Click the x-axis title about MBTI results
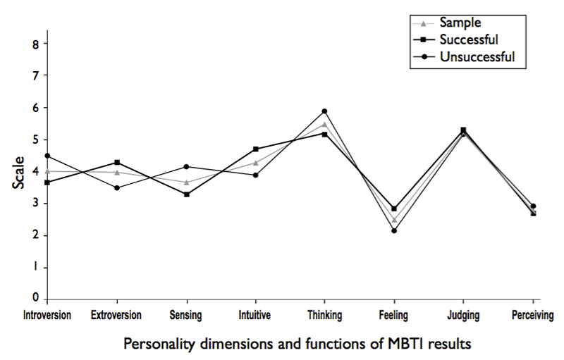click(x=297, y=344)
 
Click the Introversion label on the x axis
click(x=48, y=315)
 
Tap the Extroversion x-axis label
click(x=116, y=315)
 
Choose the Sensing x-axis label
click(x=186, y=315)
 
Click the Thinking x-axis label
click(x=324, y=315)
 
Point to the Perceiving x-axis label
click(x=533, y=315)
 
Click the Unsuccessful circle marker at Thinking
click(x=324, y=111)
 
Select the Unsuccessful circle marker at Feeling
click(x=394, y=231)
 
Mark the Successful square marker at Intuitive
click(x=255, y=149)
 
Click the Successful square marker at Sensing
click(x=186, y=194)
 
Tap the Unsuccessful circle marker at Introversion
click(x=47, y=156)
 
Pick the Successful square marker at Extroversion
click(x=117, y=163)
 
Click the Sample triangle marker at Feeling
click(x=394, y=221)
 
